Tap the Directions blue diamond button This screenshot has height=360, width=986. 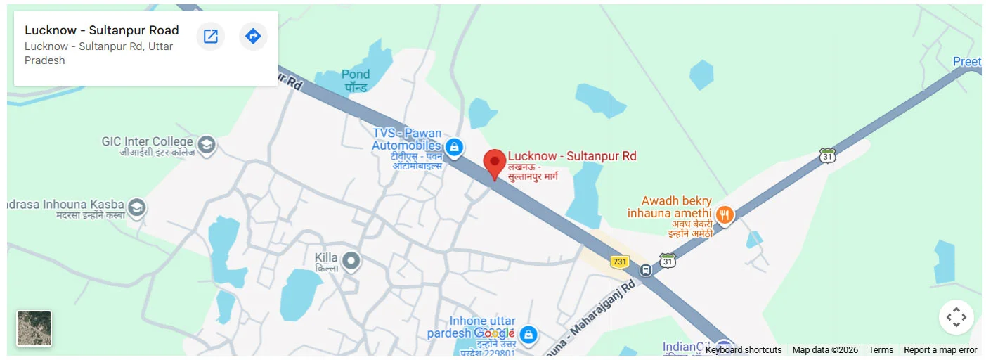point(253,36)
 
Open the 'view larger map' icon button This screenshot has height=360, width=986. point(210,36)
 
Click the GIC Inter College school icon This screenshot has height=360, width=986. point(207,145)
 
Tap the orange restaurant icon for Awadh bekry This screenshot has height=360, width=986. point(725,214)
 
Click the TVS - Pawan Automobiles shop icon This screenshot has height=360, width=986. point(455,147)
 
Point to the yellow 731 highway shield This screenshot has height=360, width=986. point(619,262)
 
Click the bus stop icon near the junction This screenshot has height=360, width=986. point(645,270)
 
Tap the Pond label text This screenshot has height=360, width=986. point(356,75)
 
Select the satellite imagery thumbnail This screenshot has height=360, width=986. point(34,328)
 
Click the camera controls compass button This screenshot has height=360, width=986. point(956,317)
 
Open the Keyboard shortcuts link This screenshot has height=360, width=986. point(743,350)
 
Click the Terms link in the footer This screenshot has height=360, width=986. point(881,350)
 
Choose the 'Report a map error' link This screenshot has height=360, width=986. point(940,350)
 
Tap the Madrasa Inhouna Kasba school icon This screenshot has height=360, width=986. point(136,207)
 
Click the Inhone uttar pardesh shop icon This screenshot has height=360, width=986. point(529,335)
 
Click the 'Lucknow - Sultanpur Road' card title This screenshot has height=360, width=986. point(102,30)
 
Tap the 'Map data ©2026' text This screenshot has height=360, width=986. point(825,350)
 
